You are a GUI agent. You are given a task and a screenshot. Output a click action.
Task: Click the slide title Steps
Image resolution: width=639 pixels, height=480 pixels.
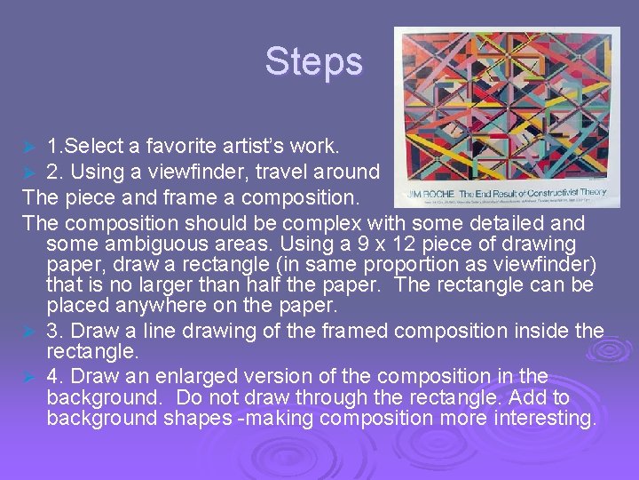tap(314, 62)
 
